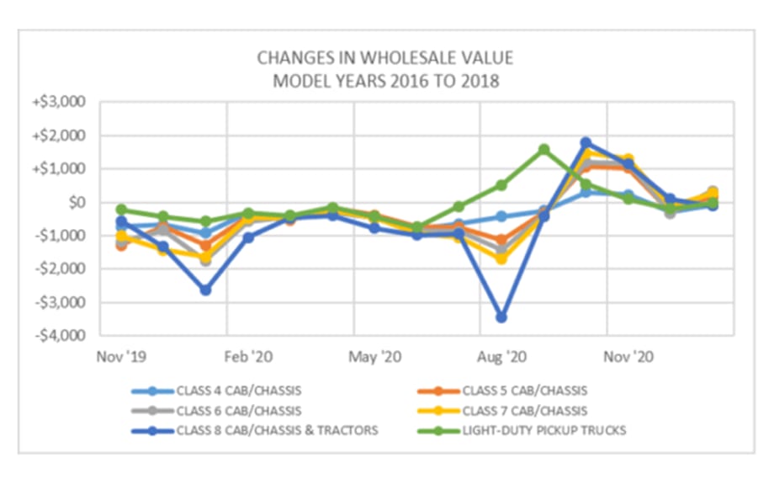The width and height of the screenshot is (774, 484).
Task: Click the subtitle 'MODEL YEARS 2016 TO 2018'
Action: click(x=384, y=81)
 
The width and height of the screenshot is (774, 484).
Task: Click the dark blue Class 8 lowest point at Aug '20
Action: click(x=501, y=317)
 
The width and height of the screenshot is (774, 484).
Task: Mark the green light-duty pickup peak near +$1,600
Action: click(x=543, y=149)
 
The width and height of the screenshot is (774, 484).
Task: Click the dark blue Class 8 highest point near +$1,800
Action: click(x=586, y=142)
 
